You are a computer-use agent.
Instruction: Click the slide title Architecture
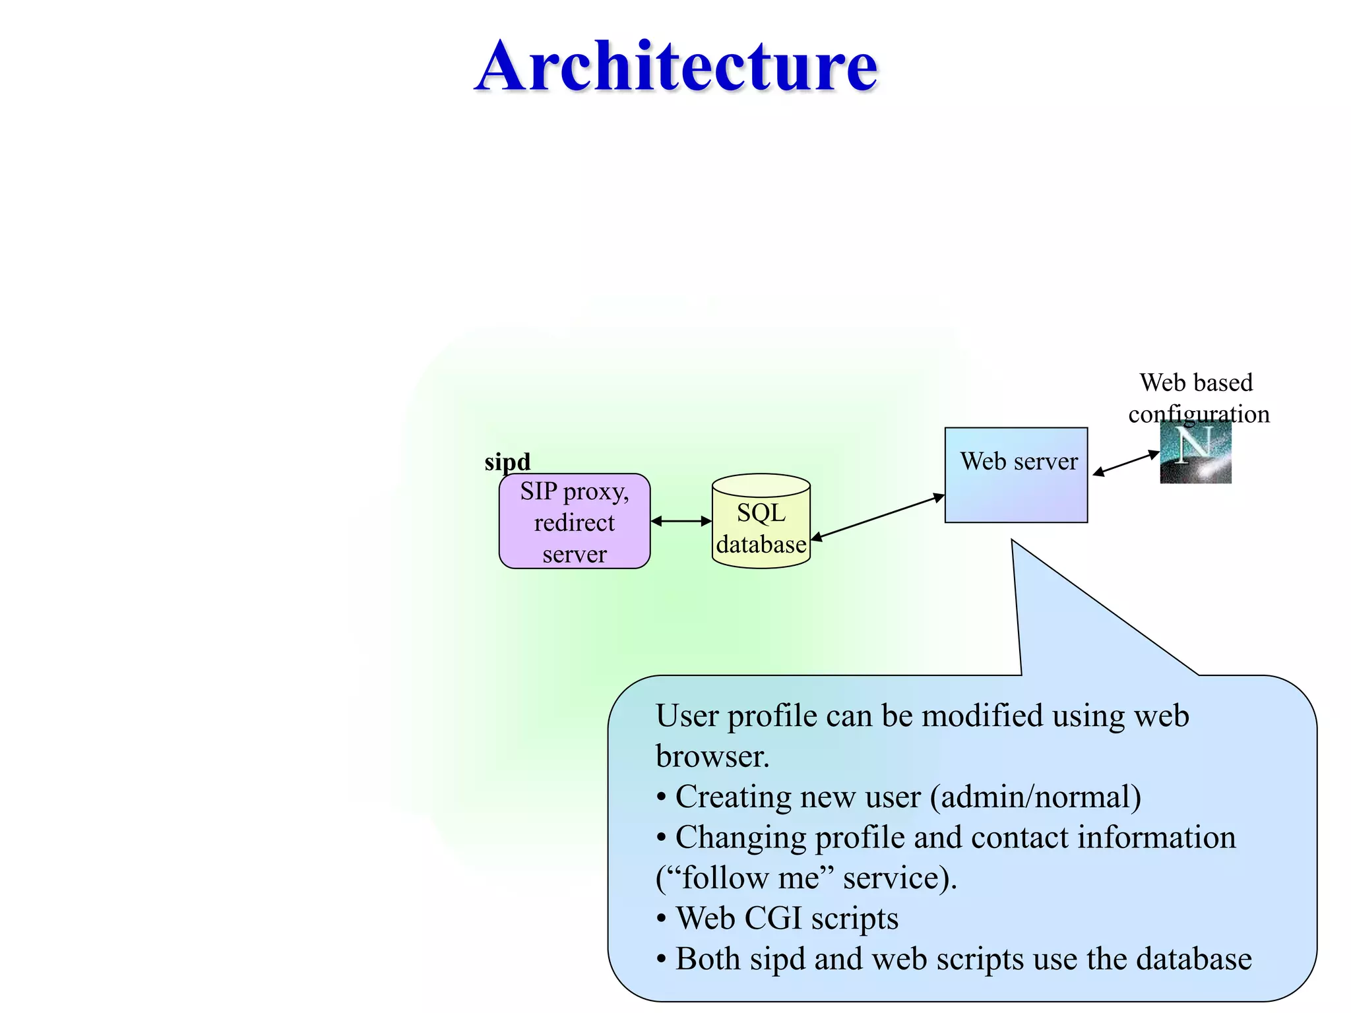[676, 66]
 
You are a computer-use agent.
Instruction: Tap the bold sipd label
[507, 461]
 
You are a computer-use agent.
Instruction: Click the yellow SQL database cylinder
[761, 521]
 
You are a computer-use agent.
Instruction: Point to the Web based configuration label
[1197, 398]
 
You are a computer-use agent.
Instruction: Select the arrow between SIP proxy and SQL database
[681, 521]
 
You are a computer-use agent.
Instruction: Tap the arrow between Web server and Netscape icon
[1125, 463]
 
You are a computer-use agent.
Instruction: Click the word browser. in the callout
[712, 756]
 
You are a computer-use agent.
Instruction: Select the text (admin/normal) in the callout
[1035, 797]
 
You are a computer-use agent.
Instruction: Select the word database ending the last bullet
[1194, 959]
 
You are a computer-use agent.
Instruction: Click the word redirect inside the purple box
[574, 522]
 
